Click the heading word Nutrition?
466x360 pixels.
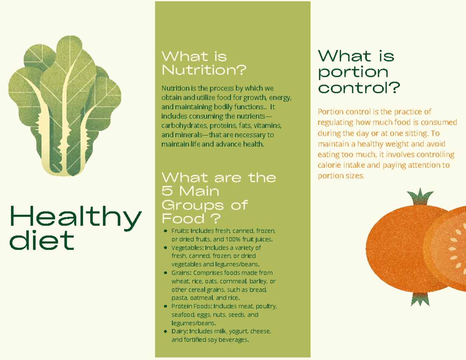[204, 71]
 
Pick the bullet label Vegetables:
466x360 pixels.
[187, 248]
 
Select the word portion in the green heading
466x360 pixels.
[353, 72]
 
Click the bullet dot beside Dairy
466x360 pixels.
[166, 332]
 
